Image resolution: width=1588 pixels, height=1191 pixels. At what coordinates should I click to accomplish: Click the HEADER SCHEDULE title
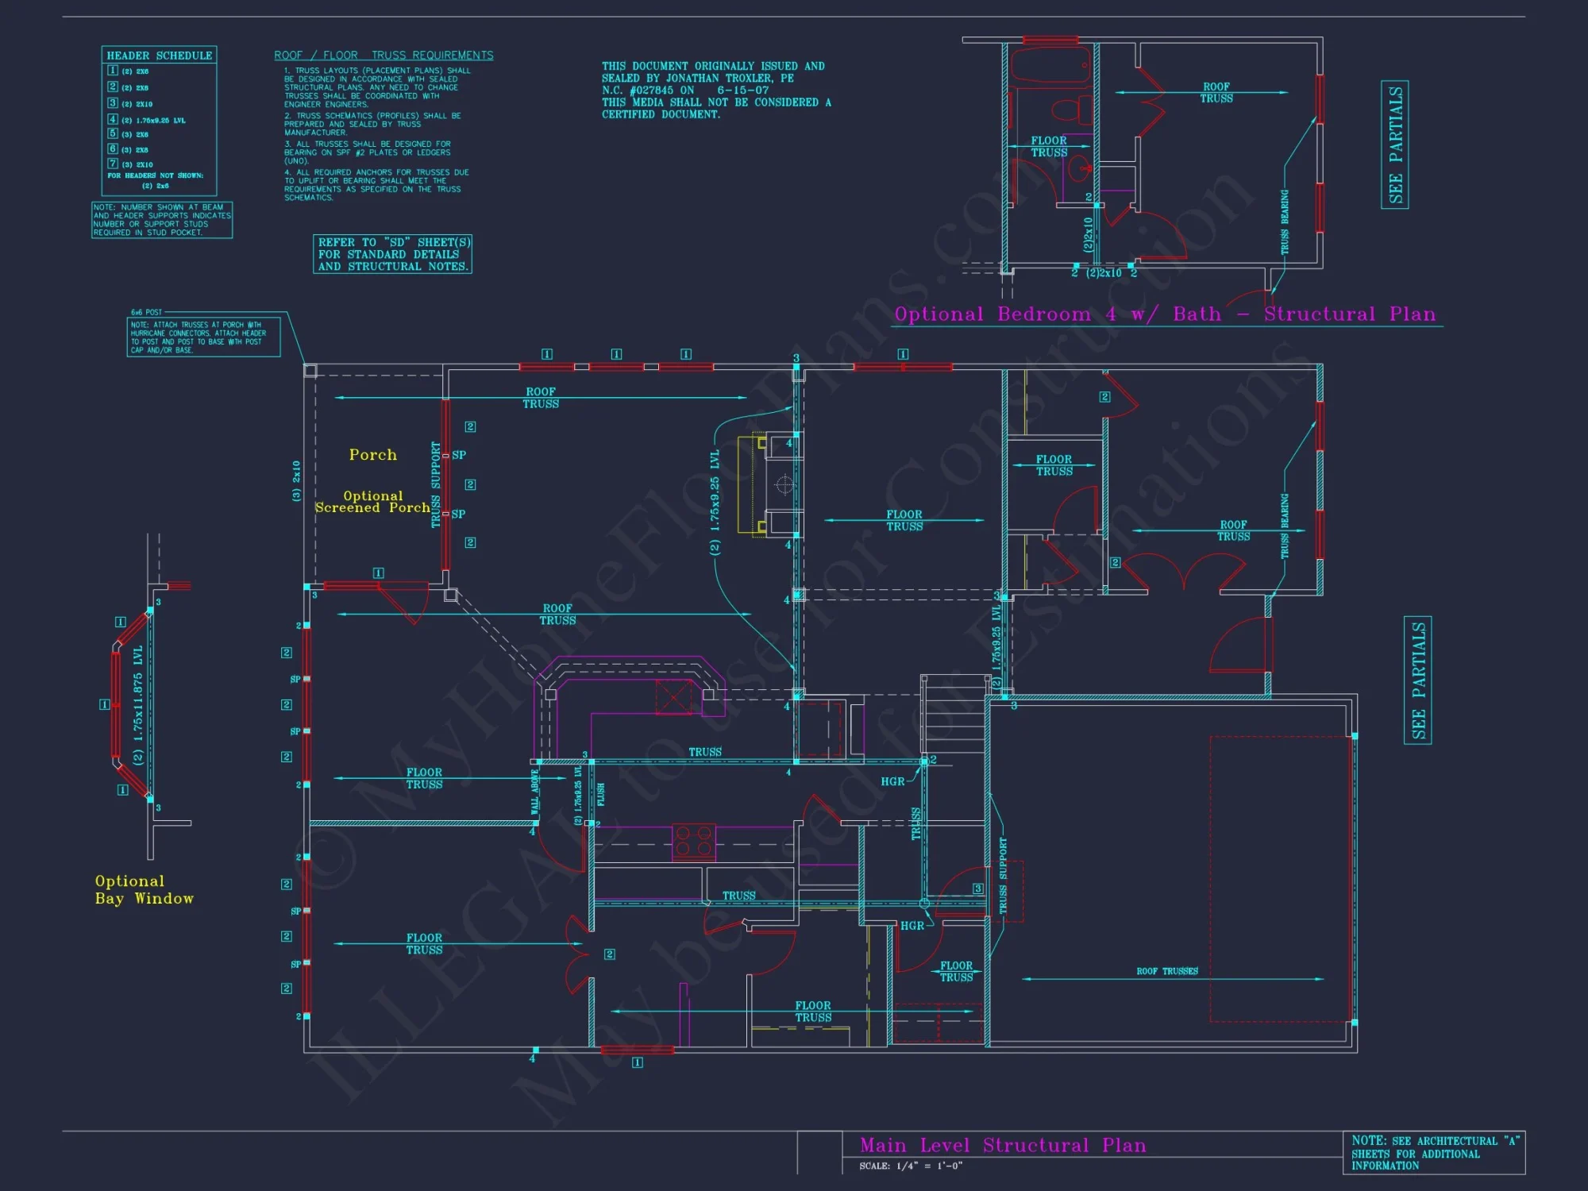pyautogui.click(x=159, y=56)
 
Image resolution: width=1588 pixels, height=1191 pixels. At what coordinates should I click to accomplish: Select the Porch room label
pyautogui.click(x=372, y=455)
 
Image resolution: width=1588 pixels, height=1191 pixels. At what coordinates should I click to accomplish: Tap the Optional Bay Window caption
pyautogui.click(x=143, y=890)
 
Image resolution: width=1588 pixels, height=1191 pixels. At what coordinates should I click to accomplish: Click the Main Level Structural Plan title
pyautogui.click(x=1003, y=1145)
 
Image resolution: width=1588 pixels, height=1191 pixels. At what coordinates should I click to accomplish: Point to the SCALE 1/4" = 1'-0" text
pyautogui.click(x=910, y=1166)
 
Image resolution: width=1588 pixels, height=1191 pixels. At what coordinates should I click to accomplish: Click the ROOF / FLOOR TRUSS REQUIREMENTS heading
pyautogui.click(x=384, y=56)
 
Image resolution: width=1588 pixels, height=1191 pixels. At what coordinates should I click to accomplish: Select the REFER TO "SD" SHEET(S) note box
pyautogui.click(x=393, y=254)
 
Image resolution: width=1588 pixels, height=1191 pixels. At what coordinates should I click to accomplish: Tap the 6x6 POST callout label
pyautogui.click(x=146, y=312)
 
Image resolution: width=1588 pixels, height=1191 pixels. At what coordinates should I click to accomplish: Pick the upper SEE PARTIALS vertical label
pyautogui.click(x=1395, y=145)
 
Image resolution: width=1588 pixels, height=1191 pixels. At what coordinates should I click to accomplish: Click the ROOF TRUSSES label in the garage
pyautogui.click(x=1166, y=971)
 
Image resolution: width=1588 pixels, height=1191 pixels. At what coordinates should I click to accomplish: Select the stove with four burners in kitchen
pyautogui.click(x=693, y=842)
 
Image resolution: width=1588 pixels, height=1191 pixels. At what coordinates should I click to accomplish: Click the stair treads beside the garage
pyautogui.click(x=954, y=715)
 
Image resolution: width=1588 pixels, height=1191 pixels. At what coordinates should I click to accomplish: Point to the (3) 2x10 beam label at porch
pyautogui.click(x=296, y=481)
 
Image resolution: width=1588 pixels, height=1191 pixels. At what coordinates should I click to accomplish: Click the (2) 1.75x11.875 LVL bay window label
pyautogui.click(x=138, y=704)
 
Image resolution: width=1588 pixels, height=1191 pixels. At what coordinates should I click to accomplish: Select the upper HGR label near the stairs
pyautogui.click(x=892, y=782)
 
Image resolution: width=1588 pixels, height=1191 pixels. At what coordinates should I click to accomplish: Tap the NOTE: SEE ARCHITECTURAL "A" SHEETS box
pyautogui.click(x=1433, y=1153)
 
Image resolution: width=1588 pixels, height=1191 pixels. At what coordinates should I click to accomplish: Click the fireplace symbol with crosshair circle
pyautogui.click(x=783, y=484)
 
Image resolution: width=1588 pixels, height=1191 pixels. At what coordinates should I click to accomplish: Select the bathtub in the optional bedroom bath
pyautogui.click(x=1050, y=66)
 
